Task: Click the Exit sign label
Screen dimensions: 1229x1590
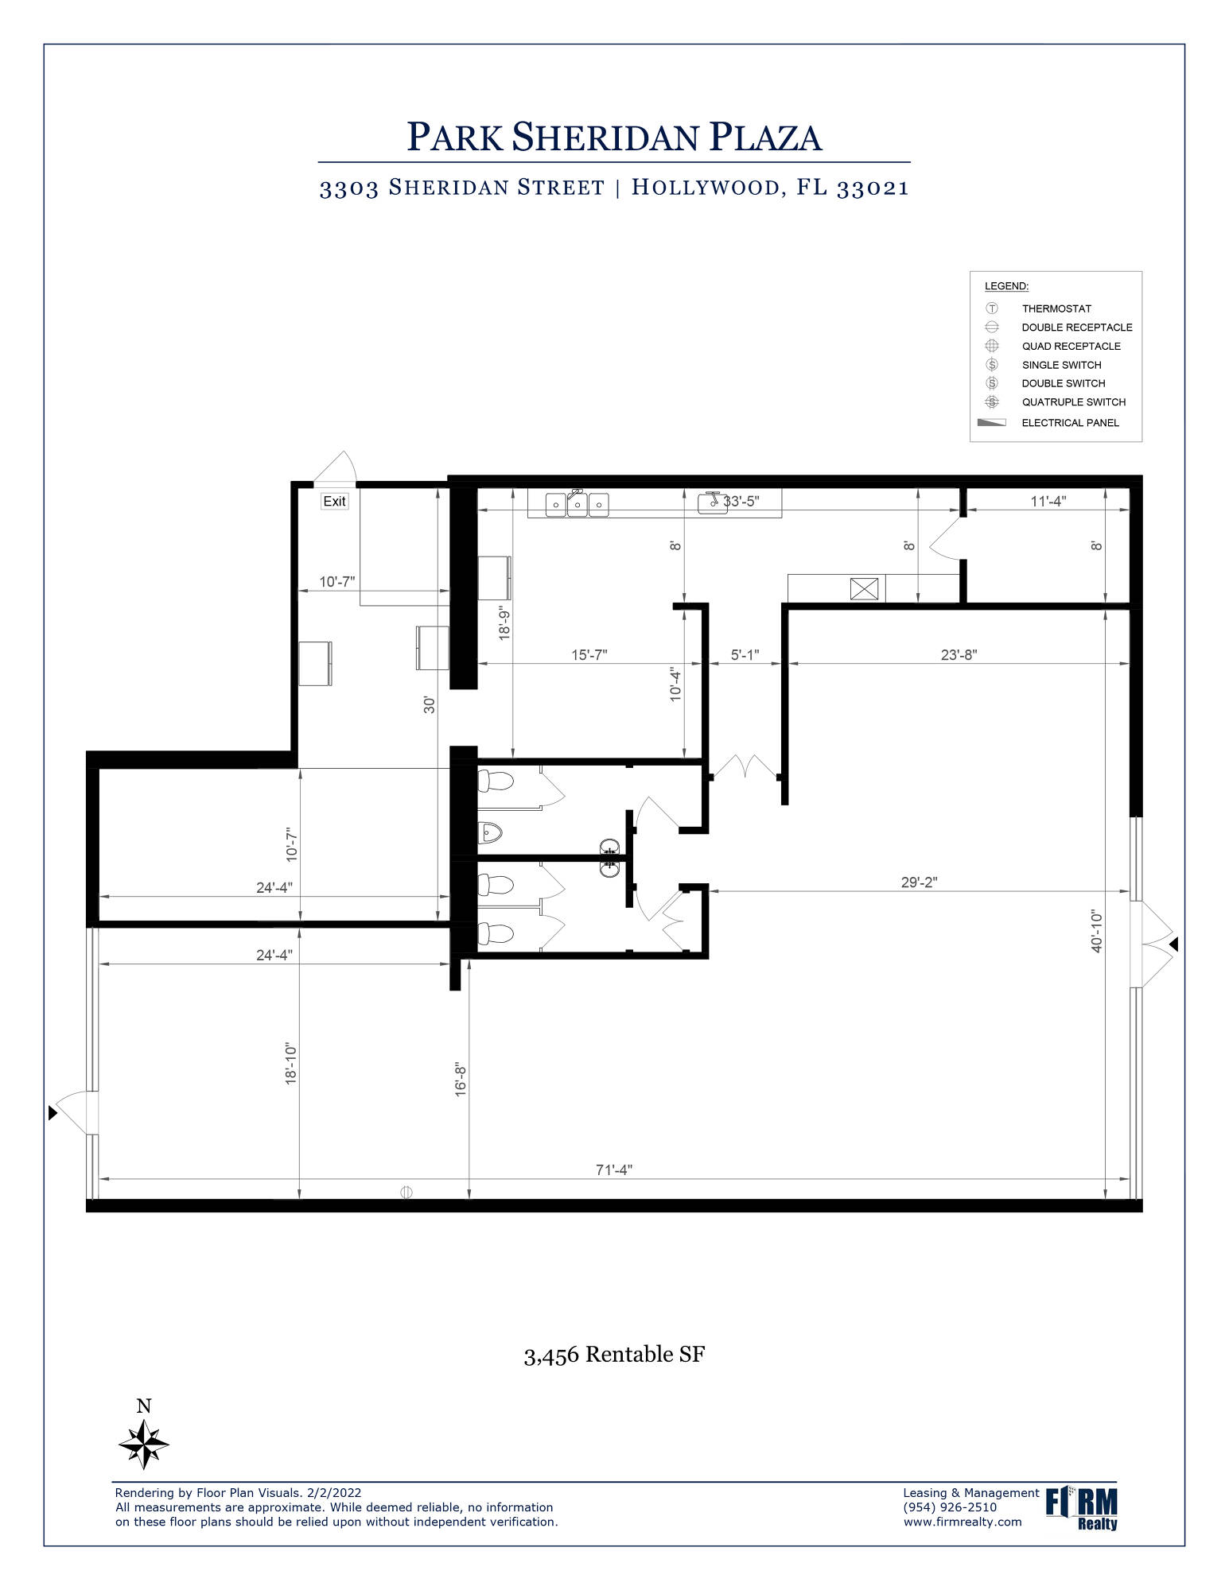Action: (334, 501)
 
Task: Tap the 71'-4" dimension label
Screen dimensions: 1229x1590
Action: (614, 1169)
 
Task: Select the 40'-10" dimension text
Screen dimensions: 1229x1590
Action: (1097, 931)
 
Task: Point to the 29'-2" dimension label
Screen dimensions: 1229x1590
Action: (919, 882)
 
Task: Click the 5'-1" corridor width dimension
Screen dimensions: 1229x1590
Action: (745, 655)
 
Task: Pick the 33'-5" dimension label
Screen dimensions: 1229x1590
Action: (741, 501)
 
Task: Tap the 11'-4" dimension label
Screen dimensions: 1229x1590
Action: (1048, 501)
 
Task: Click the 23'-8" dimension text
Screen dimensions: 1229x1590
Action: (959, 655)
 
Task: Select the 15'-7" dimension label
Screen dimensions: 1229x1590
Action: (589, 655)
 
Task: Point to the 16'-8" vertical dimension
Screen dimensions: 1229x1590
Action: (461, 1080)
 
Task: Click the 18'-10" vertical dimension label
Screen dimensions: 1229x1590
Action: (291, 1064)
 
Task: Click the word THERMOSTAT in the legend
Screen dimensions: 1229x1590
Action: (1056, 308)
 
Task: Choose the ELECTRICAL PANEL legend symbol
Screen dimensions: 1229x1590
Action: (991, 422)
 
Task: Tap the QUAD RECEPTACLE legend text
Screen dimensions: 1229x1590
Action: (1071, 346)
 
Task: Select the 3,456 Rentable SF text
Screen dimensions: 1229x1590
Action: (614, 1355)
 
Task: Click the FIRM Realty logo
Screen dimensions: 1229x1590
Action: (1081, 1507)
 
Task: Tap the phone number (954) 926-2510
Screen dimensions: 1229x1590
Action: (950, 1507)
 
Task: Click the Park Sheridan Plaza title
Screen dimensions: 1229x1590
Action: (614, 137)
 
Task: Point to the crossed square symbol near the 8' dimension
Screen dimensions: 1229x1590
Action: (865, 589)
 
